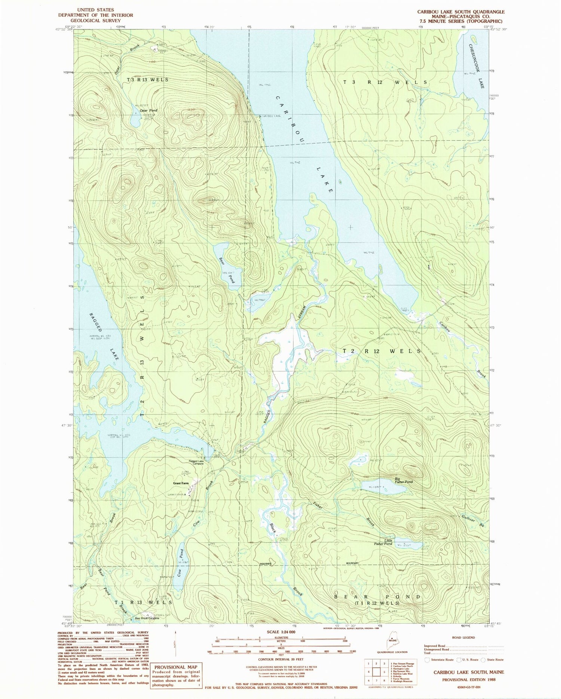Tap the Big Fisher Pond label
pyautogui.click(x=404, y=480)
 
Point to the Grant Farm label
pyautogui.click(x=181, y=483)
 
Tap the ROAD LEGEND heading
pyautogui.click(x=463, y=637)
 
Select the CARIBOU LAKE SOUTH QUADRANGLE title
pyautogui.click(x=461, y=12)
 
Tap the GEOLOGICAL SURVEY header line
pyautogui.click(x=96, y=21)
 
